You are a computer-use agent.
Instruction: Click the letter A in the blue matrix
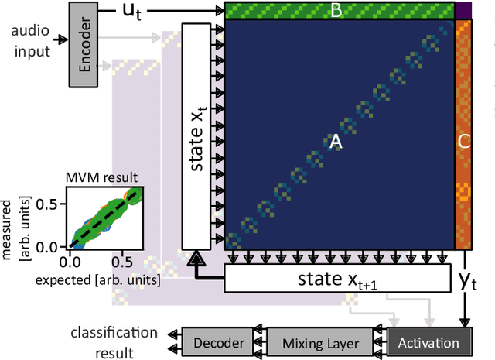(336, 142)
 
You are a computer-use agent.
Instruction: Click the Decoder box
(218, 341)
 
